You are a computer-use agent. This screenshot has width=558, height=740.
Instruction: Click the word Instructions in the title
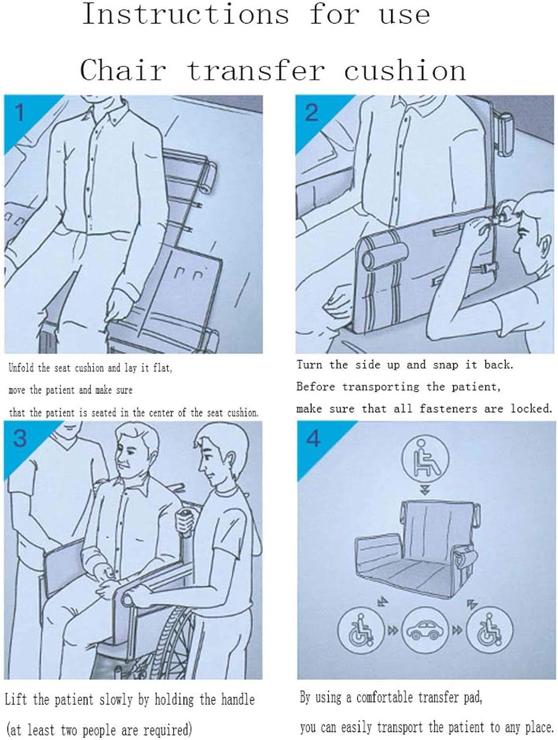(x=186, y=14)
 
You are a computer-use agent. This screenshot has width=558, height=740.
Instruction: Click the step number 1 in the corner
(x=20, y=112)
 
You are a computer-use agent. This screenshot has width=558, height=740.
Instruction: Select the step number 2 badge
(x=312, y=112)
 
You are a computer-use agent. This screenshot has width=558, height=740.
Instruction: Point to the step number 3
(x=20, y=438)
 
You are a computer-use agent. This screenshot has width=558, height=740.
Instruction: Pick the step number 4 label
(x=314, y=438)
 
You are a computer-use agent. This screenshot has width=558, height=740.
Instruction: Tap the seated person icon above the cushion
(x=425, y=459)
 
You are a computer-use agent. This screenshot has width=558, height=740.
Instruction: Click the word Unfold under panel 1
(x=21, y=368)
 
